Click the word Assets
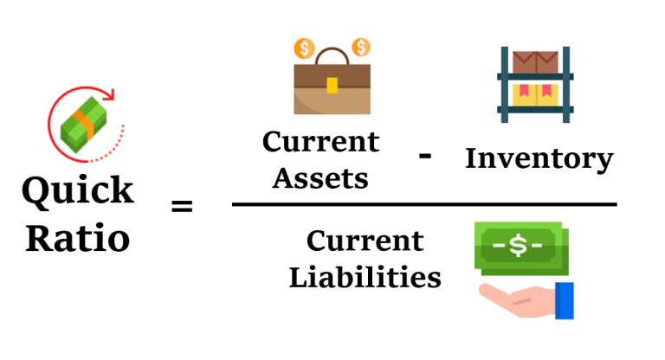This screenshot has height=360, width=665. (315, 178)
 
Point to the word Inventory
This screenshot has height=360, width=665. (539, 158)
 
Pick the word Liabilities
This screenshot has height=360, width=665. (365, 277)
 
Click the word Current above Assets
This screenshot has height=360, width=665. (320, 141)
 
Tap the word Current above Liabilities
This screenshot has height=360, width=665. (365, 240)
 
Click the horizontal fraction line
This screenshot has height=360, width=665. (424, 205)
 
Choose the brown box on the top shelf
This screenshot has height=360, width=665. (537, 62)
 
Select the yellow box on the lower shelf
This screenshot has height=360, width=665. (536, 95)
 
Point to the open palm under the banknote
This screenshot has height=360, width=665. (511, 294)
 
